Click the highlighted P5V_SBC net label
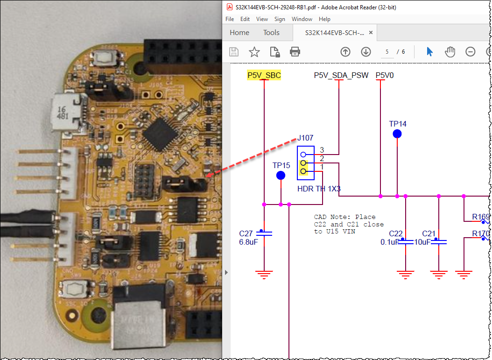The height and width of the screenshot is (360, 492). [x=264, y=75]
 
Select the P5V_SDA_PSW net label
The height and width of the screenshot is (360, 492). [x=341, y=75]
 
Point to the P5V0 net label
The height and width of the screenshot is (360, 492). [x=385, y=75]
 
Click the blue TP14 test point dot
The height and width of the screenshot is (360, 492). [x=397, y=134]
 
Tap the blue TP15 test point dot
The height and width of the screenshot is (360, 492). [x=281, y=176]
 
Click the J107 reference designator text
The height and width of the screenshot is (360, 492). [x=305, y=138]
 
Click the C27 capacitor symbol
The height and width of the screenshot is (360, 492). [x=264, y=233]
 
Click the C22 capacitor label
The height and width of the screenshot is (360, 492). [x=395, y=233]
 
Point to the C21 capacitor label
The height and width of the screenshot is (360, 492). [x=429, y=233]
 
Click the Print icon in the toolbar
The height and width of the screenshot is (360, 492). [x=295, y=51]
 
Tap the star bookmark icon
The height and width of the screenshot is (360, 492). [x=254, y=51]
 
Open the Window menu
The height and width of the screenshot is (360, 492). [x=302, y=19]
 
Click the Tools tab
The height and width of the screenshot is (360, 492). [x=271, y=33]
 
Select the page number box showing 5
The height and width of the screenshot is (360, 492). [x=387, y=51]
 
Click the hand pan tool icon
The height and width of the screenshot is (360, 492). [x=450, y=51]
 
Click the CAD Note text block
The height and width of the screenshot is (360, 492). [x=349, y=224]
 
